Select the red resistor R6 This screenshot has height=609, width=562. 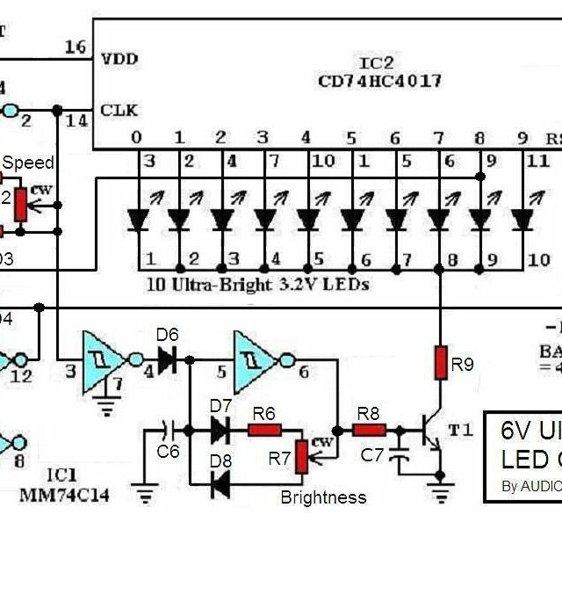pyautogui.click(x=264, y=430)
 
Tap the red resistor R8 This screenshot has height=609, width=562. pyautogui.click(x=370, y=430)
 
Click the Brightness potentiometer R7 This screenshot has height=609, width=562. pyautogui.click(x=302, y=456)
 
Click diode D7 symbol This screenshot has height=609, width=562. pyautogui.click(x=219, y=430)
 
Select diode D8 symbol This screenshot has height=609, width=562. pyautogui.click(x=219, y=482)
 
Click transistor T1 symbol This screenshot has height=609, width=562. pyautogui.click(x=433, y=432)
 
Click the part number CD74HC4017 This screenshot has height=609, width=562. pyautogui.click(x=380, y=81)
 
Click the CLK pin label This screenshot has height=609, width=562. pyautogui.click(x=119, y=111)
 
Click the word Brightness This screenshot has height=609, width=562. pyautogui.click(x=323, y=497)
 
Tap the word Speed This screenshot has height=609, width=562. pyautogui.click(x=27, y=163)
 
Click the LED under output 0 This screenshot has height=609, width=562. pyautogui.click(x=137, y=219)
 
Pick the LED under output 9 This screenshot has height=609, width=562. pyautogui.click(x=522, y=219)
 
